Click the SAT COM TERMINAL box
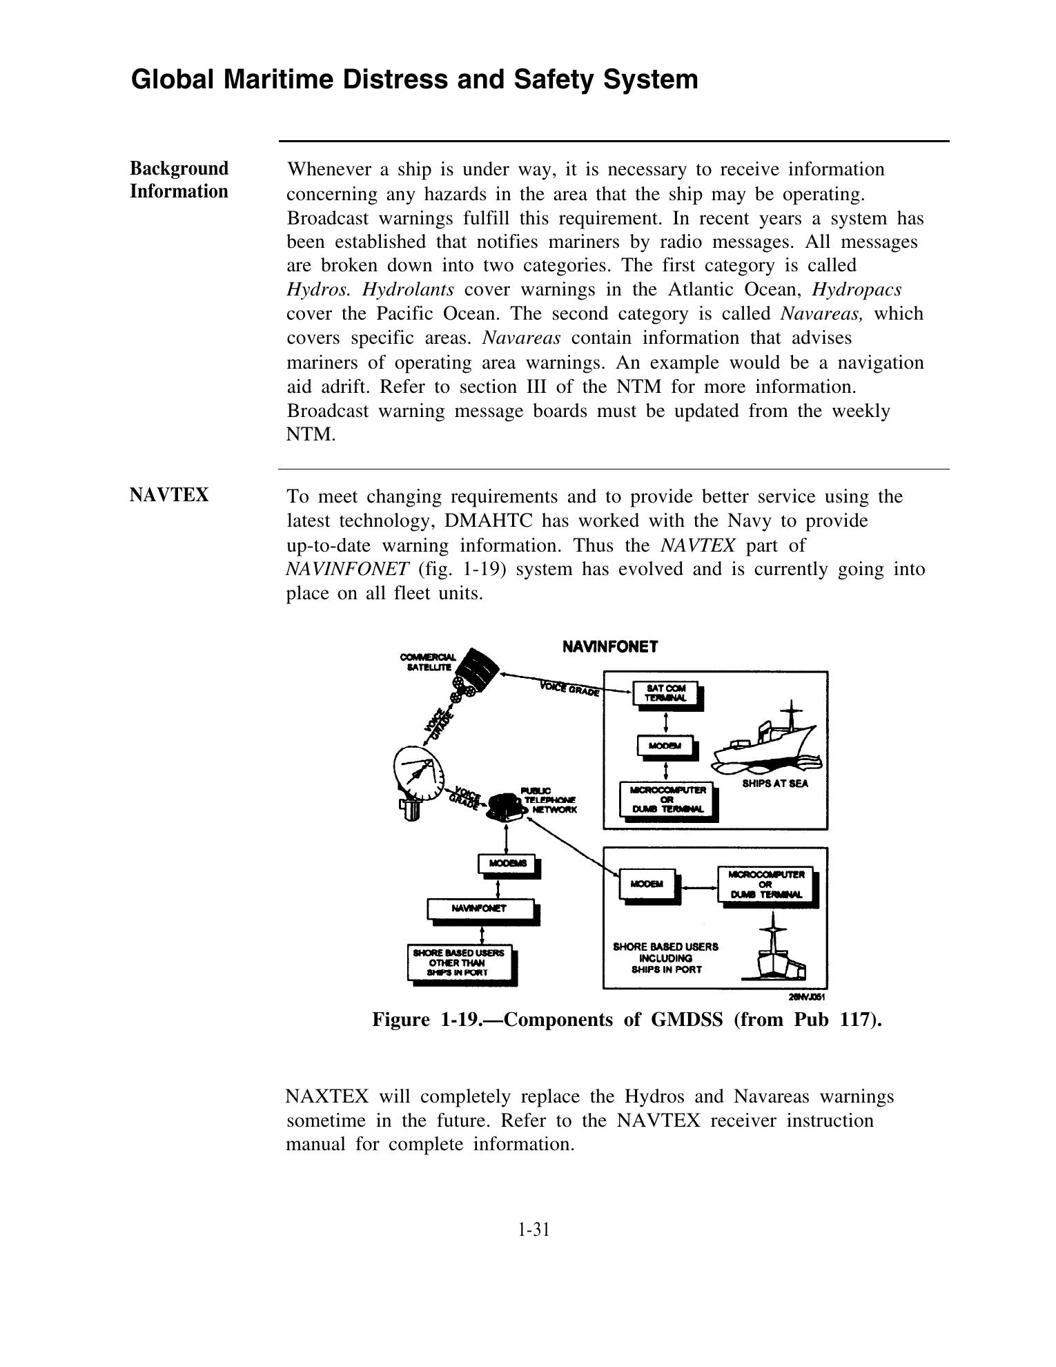665,693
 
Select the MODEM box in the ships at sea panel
665,746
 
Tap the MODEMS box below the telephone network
508,864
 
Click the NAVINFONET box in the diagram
480,909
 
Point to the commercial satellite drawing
476,673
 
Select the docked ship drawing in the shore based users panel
776,953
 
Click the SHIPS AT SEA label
774,784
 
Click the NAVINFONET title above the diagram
610,647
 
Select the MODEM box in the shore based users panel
647,884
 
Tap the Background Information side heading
179,180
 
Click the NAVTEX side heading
169,496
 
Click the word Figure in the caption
401,1020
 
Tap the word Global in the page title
172,80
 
